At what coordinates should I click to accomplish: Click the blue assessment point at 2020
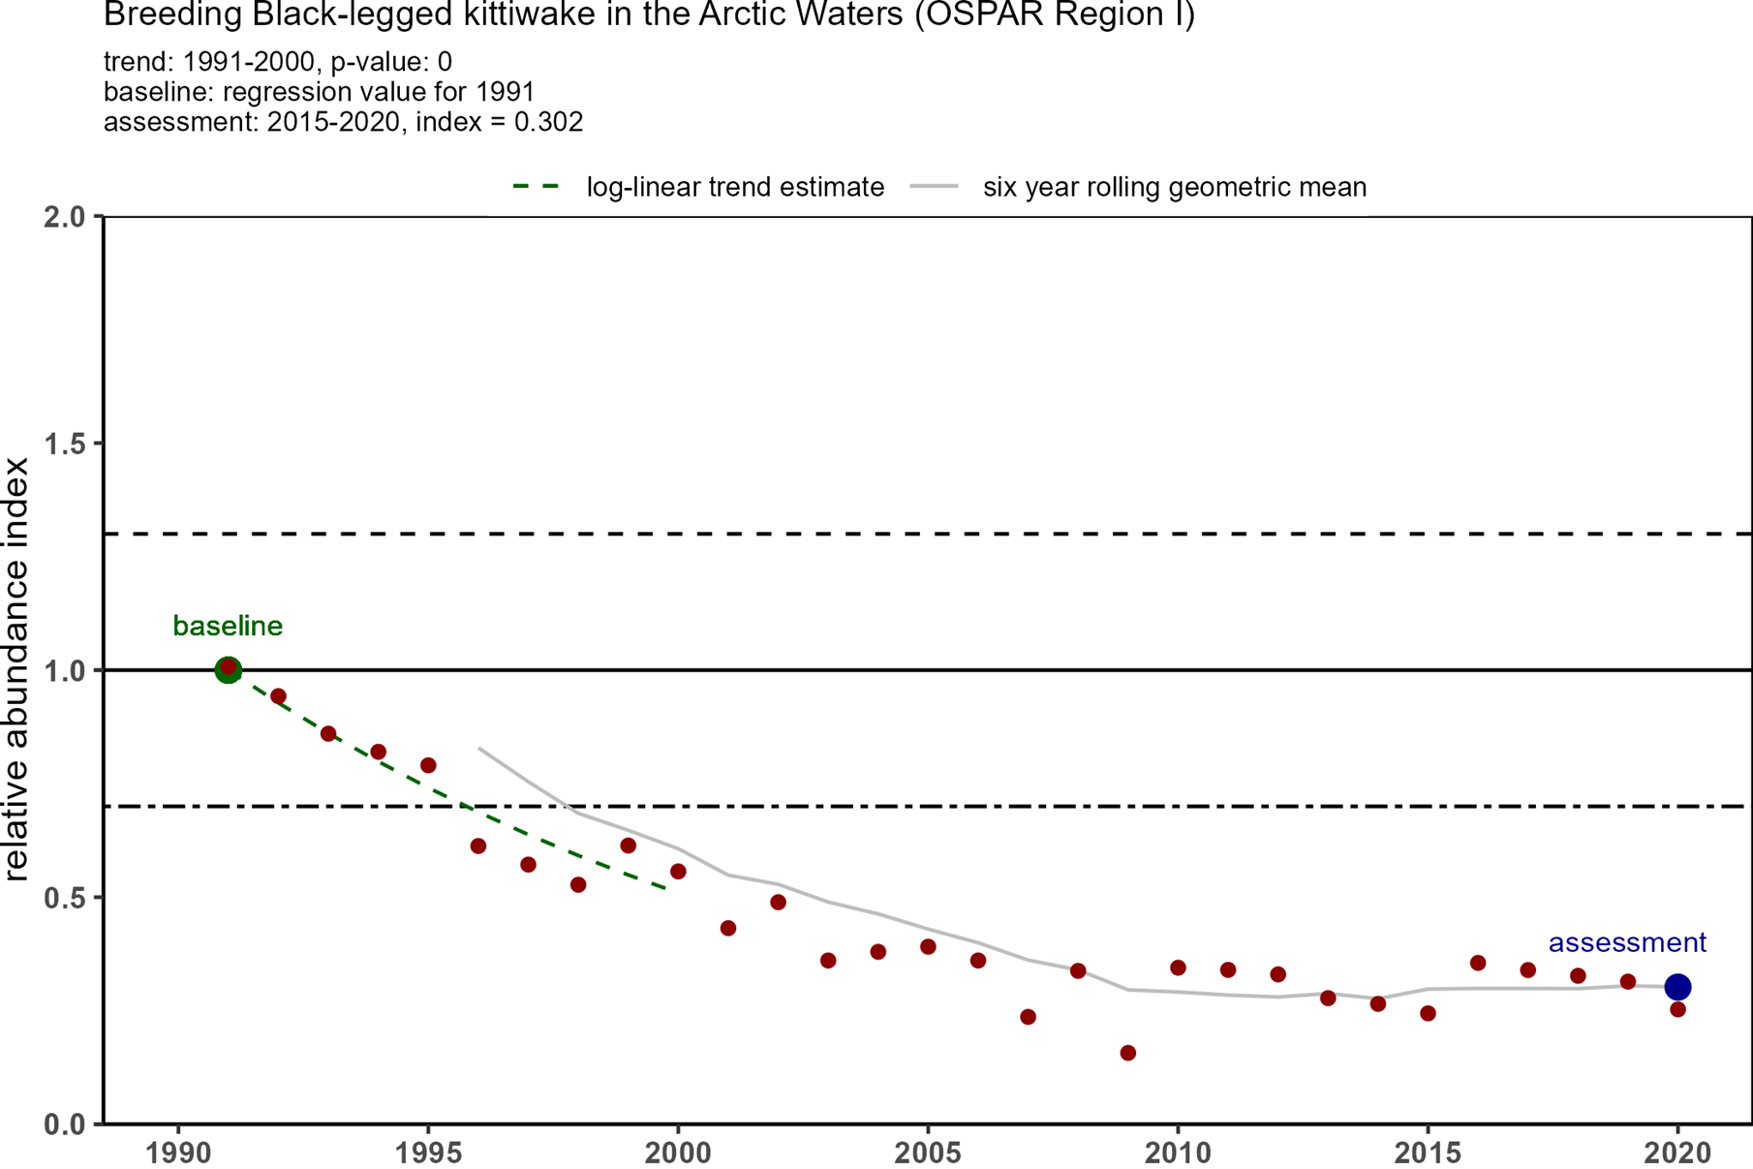(1677, 987)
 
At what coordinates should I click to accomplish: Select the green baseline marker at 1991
(228, 669)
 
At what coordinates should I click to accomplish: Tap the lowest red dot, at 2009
(1127, 1053)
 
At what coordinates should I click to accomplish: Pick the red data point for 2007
(1028, 1017)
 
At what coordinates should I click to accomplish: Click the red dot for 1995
(428, 765)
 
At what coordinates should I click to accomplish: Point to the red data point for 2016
(1478, 963)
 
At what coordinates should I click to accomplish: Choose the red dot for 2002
(778, 903)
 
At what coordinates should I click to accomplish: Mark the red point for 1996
(478, 846)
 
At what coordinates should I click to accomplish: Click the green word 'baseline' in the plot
(228, 627)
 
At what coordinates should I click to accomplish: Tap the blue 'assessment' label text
(1627, 942)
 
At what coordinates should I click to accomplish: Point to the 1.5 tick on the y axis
(66, 444)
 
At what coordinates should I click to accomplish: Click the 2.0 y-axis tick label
(66, 216)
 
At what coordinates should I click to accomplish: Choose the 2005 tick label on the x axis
(928, 1154)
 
